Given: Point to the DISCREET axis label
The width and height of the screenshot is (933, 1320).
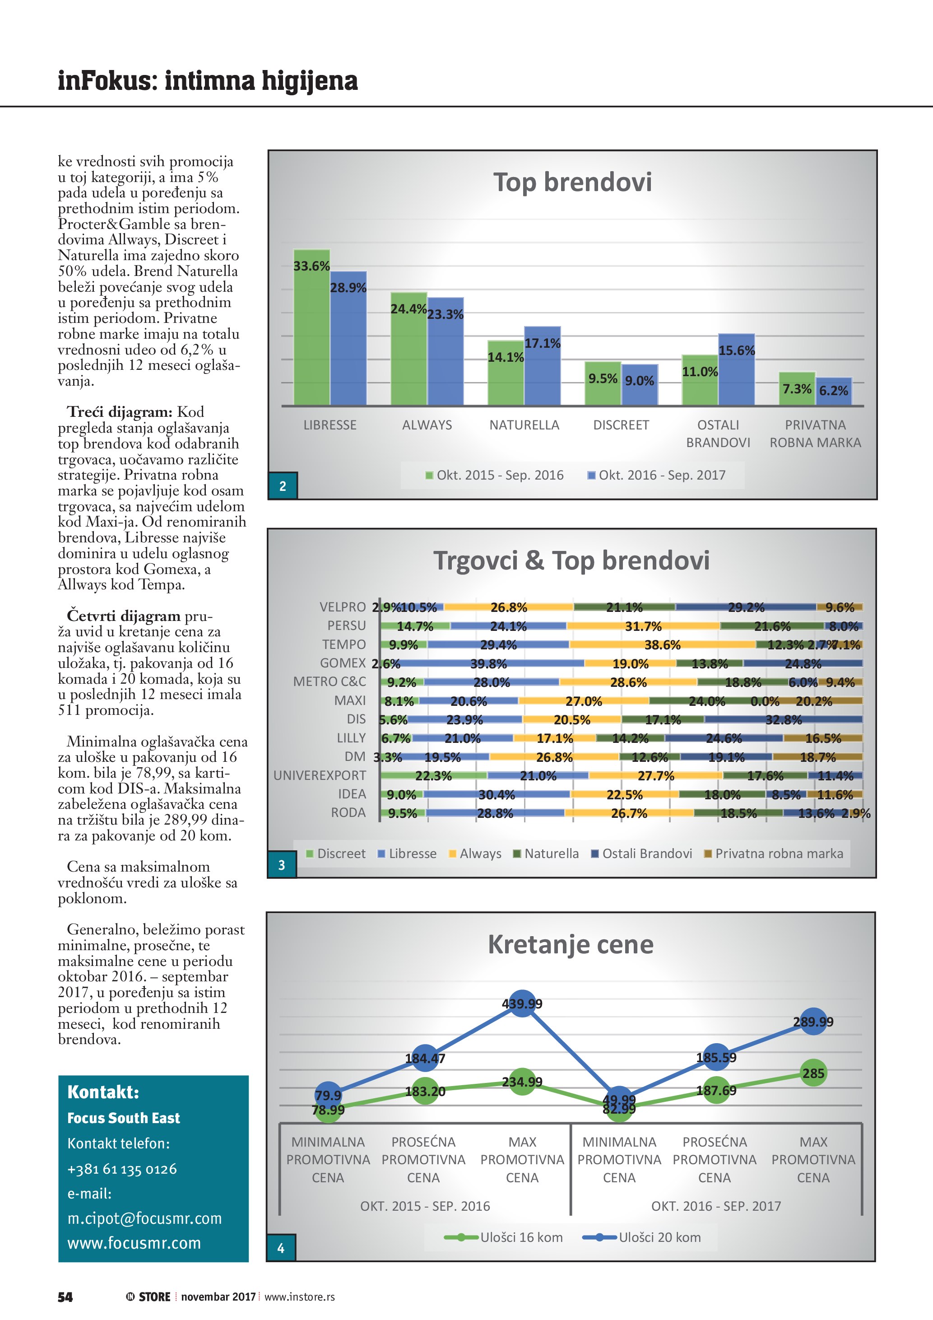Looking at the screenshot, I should coord(621,425).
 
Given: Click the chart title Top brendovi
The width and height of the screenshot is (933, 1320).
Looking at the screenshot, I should coord(572,182).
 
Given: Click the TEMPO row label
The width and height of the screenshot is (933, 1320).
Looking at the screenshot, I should coord(343,644).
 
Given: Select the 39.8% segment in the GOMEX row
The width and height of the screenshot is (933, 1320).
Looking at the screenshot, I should coord(488,663).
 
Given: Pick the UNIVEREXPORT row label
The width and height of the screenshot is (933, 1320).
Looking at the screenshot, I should coord(320,775).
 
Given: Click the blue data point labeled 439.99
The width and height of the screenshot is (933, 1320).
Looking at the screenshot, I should coord(522,1004).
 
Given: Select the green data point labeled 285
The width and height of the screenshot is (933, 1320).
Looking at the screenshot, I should coord(813,1073).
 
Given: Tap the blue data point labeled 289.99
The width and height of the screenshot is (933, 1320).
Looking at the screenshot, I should coord(813,1021).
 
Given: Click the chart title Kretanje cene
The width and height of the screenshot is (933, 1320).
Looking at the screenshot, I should coord(571,945).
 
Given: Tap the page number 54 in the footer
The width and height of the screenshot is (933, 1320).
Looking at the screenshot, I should coord(65,1297).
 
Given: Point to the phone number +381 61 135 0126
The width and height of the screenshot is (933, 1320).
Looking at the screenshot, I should coord(122,1169).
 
